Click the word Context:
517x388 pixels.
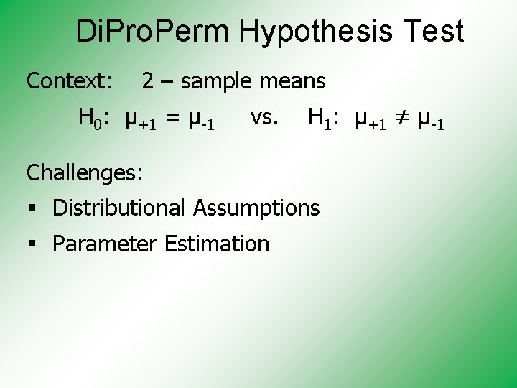coord(69,81)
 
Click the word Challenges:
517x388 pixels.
coord(85,172)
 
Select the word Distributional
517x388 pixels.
coord(119,208)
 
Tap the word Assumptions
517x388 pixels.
coord(256,208)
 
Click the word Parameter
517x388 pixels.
coord(106,244)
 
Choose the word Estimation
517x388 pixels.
coord(217,244)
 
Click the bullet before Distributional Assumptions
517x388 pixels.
coord(33,209)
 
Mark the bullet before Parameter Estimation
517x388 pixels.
coord(33,245)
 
